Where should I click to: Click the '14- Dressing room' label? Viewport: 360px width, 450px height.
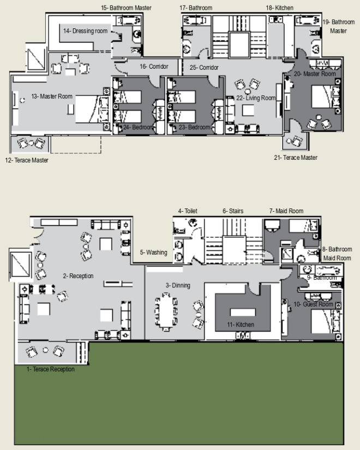click(x=85, y=31)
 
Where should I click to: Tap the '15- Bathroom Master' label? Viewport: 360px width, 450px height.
click(x=126, y=8)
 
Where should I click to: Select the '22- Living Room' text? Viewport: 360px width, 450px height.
click(x=256, y=98)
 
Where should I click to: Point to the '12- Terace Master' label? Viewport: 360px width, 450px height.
click(x=27, y=160)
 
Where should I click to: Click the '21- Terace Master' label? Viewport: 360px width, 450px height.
click(x=296, y=158)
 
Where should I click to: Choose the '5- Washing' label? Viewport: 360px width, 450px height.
click(x=154, y=253)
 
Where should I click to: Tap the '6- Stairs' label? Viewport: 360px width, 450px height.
click(x=233, y=211)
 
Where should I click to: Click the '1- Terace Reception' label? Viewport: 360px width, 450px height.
click(x=51, y=369)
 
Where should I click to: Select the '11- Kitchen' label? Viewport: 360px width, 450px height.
click(x=241, y=325)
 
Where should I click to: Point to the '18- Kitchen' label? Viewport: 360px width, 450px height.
click(x=280, y=8)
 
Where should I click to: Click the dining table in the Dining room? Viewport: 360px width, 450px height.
click(x=166, y=311)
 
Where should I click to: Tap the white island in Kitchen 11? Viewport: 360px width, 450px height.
click(x=243, y=312)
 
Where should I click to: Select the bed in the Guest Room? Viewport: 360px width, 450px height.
click(x=326, y=321)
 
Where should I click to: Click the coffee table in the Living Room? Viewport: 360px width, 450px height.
click(x=248, y=110)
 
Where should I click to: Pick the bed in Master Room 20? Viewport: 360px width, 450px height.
click(x=326, y=97)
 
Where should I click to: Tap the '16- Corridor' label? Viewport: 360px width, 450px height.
click(x=154, y=67)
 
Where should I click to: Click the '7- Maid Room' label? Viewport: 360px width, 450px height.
click(x=286, y=211)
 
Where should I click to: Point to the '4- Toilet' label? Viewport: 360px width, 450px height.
click(x=188, y=211)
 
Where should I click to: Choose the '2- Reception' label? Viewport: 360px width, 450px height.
click(x=79, y=276)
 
